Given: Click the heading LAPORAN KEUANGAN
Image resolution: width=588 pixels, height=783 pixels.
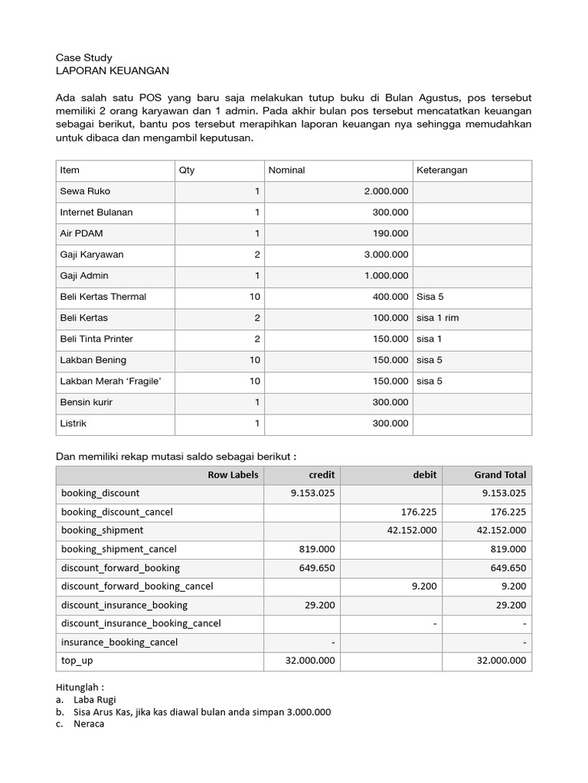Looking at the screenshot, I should tap(113, 71).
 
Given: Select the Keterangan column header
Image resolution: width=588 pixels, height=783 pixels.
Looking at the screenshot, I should tap(442, 170).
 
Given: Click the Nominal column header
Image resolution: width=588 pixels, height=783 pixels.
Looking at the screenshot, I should tap(286, 170).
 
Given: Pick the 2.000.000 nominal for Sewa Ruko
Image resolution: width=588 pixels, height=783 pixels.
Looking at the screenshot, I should tap(386, 191).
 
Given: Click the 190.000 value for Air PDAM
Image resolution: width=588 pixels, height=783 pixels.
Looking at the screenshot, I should tap(391, 233).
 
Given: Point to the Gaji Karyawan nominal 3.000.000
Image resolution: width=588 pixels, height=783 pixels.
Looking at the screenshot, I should tap(386, 255).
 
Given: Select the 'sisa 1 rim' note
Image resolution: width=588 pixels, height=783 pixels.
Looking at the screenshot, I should tap(437, 317).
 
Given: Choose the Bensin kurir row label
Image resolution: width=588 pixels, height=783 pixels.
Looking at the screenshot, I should tap(87, 402).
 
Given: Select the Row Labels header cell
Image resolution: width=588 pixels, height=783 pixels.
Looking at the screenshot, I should tap(233, 475).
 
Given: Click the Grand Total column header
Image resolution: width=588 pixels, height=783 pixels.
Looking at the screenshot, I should tap(500, 475).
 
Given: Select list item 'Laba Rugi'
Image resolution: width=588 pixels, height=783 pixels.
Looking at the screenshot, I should tap(94, 699).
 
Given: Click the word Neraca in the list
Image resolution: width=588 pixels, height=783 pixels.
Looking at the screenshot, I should tap(89, 723).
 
